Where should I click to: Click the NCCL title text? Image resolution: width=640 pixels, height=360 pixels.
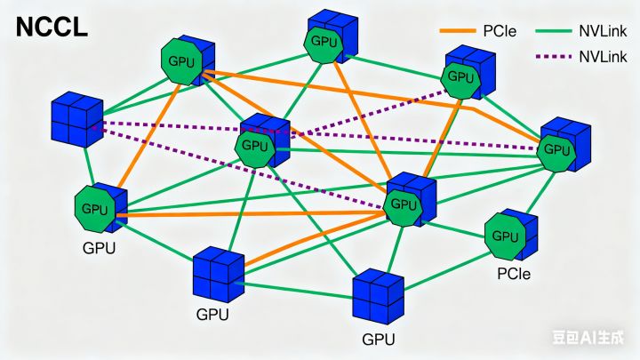point(52,27)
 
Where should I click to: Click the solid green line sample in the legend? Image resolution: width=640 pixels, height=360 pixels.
point(555,31)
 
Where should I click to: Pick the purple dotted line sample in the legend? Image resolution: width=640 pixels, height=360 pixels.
point(555,56)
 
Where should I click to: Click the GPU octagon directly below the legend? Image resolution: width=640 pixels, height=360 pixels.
point(461,76)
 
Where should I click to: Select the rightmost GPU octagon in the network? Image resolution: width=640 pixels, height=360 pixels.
point(556,149)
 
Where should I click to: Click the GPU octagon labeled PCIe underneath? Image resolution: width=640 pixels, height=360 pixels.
point(505,236)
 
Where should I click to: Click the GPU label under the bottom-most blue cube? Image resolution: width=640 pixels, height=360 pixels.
point(379,340)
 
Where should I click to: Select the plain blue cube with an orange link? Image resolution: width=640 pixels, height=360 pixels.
point(218,275)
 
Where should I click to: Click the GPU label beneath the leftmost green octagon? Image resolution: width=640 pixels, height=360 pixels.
point(98,248)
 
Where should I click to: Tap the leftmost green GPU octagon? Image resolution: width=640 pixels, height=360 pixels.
point(96,209)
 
